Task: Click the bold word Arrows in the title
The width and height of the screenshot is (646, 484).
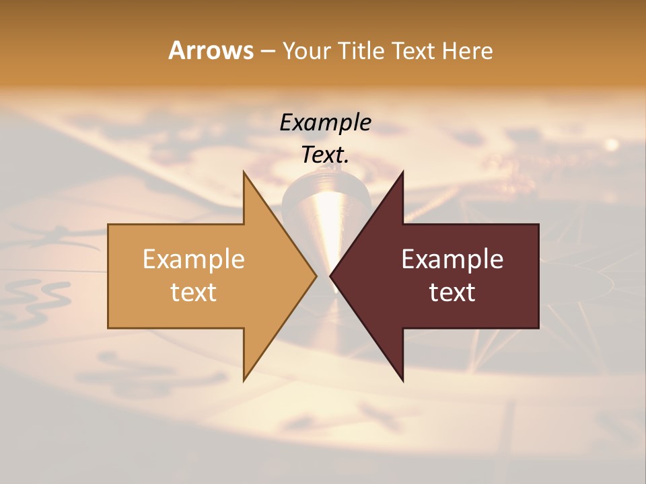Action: [211, 50]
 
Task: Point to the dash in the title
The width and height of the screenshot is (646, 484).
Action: [267, 52]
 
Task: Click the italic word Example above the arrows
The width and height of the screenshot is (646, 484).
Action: [325, 122]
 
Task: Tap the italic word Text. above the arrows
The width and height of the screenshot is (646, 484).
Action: [325, 155]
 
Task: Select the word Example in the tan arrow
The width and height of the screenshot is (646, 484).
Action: [193, 259]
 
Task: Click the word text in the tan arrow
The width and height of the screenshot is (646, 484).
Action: [193, 292]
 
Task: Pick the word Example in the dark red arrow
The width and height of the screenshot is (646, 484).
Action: [452, 259]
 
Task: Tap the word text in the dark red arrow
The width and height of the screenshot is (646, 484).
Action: [452, 292]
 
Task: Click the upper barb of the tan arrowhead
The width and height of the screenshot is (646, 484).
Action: [246, 177]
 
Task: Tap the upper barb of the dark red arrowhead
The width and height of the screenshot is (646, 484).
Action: [400, 177]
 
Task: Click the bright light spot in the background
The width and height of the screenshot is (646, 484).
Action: [611, 143]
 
